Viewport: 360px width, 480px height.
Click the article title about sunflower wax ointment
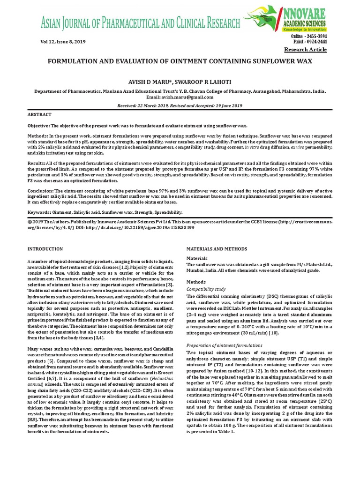[180, 62]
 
